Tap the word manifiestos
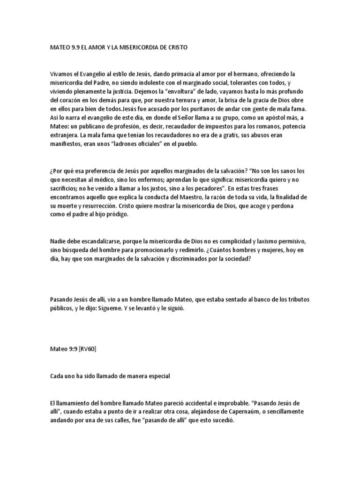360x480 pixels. [67, 145]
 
